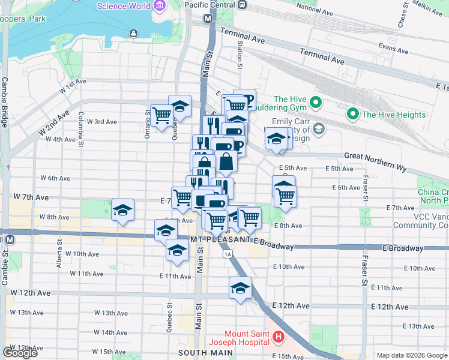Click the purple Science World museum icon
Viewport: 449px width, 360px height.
tap(159, 6)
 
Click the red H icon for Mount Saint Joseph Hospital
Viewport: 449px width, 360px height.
tap(278, 338)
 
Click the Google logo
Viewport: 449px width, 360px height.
tap(20, 353)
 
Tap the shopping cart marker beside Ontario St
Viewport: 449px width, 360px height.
tap(161, 115)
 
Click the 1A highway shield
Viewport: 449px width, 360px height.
tap(228, 254)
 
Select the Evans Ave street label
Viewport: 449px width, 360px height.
tap(394, 46)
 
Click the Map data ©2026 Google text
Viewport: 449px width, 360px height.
tap(411, 355)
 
